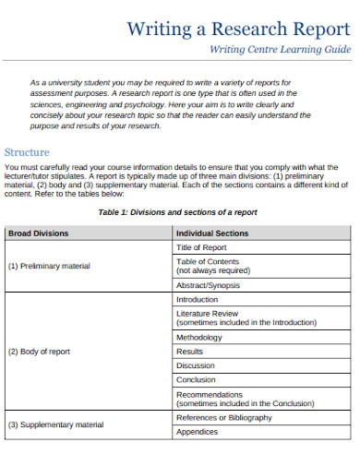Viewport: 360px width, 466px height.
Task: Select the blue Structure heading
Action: click(28, 152)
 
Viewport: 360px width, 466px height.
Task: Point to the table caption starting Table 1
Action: click(177, 212)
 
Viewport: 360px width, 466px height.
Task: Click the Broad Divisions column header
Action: click(38, 233)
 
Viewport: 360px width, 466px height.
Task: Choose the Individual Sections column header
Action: click(211, 233)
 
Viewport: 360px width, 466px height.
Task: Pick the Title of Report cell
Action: click(201, 247)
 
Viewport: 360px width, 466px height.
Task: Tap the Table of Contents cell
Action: click(212, 266)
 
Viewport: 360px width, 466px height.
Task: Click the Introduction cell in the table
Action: click(197, 300)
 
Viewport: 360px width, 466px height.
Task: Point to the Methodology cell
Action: click(198, 338)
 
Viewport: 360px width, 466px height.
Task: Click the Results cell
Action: click(189, 352)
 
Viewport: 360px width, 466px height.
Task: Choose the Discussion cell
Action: click(195, 365)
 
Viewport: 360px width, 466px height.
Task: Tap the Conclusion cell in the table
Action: click(196, 379)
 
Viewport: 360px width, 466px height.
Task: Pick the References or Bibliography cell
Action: click(223, 417)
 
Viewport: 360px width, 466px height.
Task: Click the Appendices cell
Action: click(197, 431)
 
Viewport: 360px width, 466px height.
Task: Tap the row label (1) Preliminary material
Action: click(49, 266)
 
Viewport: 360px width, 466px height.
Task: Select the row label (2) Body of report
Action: click(39, 352)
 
